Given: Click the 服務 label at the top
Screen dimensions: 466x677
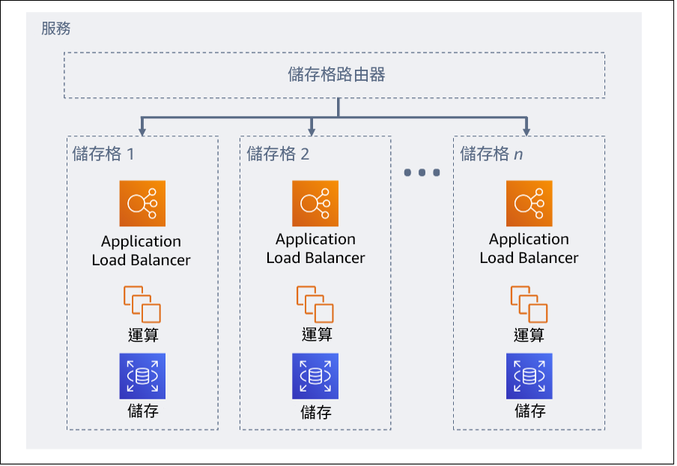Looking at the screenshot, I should pyautogui.click(x=56, y=29).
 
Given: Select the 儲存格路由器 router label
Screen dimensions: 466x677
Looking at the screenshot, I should pyautogui.click(x=336, y=75).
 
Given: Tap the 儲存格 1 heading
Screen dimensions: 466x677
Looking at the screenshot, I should pyautogui.click(x=103, y=154).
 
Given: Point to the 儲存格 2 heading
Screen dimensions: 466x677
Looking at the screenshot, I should pyautogui.click(x=278, y=154).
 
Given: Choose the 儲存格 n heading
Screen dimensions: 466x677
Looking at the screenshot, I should pyautogui.click(x=491, y=154).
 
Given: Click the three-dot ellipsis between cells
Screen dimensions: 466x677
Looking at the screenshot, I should pyautogui.click(x=422, y=173).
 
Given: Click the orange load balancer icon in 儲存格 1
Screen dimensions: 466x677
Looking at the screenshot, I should pyautogui.click(x=142, y=204).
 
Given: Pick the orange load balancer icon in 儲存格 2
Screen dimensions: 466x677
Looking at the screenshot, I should pyautogui.click(x=315, y=203).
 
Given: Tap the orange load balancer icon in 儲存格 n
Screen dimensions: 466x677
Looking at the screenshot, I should pyautogui.click(x=529, y=203).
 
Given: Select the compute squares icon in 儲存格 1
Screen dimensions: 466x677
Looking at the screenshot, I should pyautogui.click(x=142, y=304).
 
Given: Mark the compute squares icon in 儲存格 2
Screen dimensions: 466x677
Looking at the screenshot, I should pyautogui.click(x=315, y=304).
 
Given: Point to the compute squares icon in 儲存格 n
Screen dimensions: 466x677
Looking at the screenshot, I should pyautogui.click(x=529, y=304).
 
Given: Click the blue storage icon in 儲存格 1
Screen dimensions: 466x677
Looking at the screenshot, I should pyautogui.click(x=142, y=376).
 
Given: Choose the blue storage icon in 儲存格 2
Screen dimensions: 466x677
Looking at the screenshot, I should pyautogui.click(x=315, y=376).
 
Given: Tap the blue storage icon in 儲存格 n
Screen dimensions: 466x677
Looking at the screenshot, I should pyautogui.click(x=529, y=376).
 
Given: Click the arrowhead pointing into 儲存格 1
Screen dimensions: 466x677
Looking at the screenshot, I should pyautogui.click(x=142, y=130).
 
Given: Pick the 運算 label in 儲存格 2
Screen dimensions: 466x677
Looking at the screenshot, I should pyautogui.click(x=316, y=335).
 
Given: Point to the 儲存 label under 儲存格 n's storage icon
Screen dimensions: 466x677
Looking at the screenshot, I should pyautogui.click(x=529, y=411).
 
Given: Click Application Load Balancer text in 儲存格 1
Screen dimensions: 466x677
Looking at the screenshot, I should pyautogui.click(x=142, y=251).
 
